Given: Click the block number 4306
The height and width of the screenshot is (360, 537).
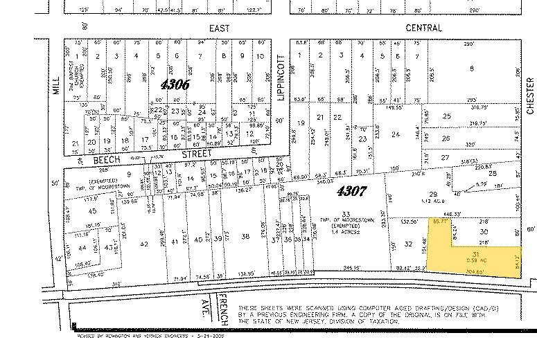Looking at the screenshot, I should pos(174,85).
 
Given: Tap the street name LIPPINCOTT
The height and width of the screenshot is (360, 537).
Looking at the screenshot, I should pos(281,78).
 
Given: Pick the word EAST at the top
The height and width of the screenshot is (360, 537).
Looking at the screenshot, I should pos(219,28).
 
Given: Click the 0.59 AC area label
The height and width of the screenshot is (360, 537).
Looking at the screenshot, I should pos(475,260).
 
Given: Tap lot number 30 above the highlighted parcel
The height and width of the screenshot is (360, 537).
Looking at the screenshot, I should pos(484,231).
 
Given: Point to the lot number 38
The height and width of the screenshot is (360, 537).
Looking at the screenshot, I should pos(245,237).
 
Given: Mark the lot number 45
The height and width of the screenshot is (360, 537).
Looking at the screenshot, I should pos(92,210).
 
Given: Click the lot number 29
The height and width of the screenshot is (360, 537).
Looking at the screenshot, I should pos(434,195).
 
